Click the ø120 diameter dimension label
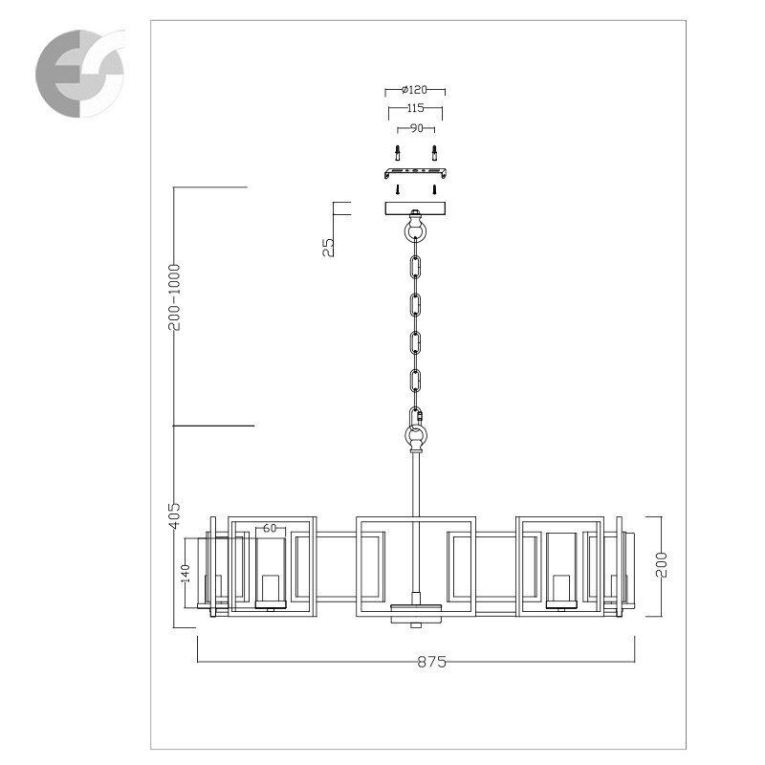[x=414, y=90]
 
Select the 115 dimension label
[x=415, y=108]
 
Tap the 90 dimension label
[x=416, y=128]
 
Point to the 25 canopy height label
[x=328, y=248]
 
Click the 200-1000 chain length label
[x=174, y=297]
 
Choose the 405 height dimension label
[x=174, y=515]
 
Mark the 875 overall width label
[x=432, y=662]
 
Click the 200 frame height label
[x=661, y=565]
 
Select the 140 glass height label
[x=186, y=573]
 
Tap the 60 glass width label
[x=270, y=528]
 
